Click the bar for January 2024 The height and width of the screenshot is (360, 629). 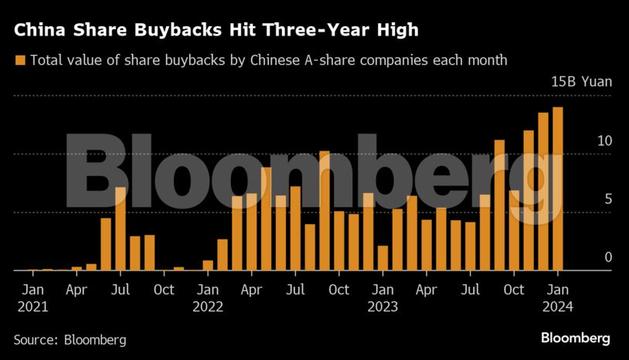557,189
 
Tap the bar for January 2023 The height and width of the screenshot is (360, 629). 382,258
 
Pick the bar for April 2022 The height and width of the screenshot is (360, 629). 251,233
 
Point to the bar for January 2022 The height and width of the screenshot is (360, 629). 208,265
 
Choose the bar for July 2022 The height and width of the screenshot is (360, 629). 295,229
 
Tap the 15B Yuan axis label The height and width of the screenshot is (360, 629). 580,83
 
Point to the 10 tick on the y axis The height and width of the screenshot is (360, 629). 603,141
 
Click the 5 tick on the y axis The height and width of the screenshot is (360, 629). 607,199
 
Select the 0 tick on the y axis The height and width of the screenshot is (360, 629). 607,257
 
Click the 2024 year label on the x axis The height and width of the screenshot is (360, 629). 558,307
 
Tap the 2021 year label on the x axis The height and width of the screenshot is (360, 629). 32,307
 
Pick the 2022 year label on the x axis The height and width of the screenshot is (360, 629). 208,307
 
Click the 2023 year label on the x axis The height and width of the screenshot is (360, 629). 382,307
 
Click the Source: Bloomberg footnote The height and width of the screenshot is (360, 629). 70,340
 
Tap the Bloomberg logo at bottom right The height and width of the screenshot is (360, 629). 575,338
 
